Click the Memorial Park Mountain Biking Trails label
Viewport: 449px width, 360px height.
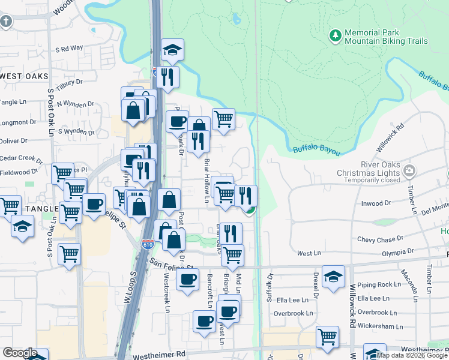coord(386,37)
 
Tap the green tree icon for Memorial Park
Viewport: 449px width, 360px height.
coord(334,37)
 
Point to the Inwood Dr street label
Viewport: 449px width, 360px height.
coord(376,204)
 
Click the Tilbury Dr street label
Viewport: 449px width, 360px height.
coord(68,82)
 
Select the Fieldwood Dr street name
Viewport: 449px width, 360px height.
coord(19,172)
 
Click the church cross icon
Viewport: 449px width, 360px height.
coord(6,22)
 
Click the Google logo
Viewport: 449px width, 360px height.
coord(20,353)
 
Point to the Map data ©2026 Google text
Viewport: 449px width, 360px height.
coord(411,355)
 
